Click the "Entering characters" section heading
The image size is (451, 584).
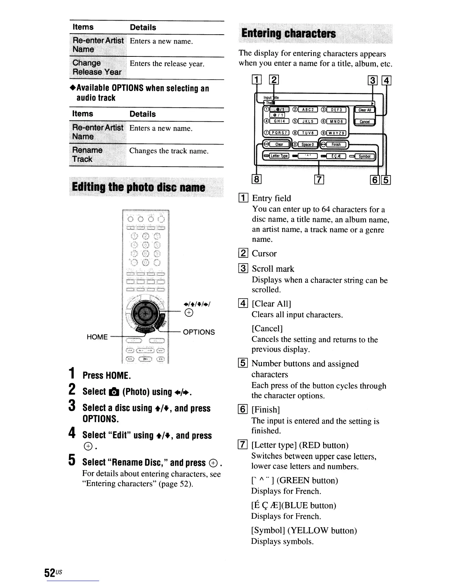click(289, 34)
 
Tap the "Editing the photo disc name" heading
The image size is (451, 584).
click(139, 187)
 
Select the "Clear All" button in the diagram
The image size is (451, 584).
click(364, 110)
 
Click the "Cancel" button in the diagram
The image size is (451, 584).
click(364, 122)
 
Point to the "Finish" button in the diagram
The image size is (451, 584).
click(336, 144)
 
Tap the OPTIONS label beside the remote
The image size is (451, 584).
click(199, 332)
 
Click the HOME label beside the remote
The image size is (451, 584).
click(97, 337)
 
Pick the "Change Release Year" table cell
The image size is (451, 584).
click(97, 67)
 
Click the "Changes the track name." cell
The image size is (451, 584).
click(169, 151)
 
